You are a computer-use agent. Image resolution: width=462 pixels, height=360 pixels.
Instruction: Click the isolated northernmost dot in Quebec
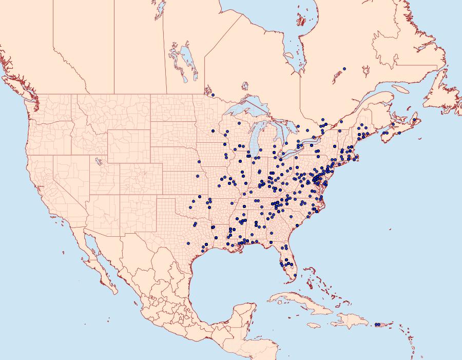[344, 68]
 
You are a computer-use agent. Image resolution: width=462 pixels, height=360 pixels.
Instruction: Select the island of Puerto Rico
[380, 325]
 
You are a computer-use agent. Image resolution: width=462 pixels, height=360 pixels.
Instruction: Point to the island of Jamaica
[314, 326]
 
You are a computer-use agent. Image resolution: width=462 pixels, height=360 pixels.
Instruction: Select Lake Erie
[293, 151]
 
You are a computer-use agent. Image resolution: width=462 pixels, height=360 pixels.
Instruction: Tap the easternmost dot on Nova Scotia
[414, 120]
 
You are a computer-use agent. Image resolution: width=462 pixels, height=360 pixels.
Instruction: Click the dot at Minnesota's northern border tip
[213, 95]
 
